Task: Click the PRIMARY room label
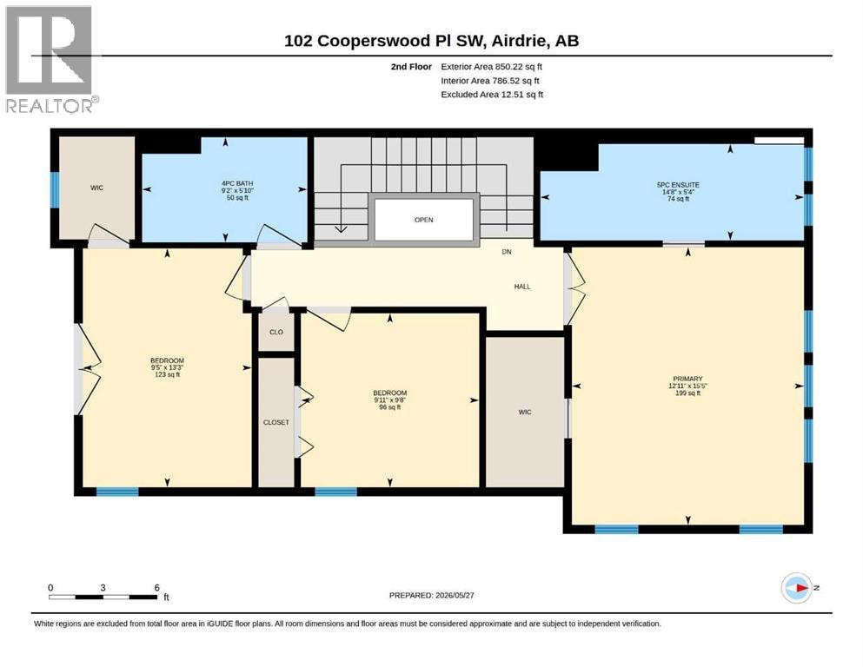point(687,379)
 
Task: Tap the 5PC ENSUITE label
point(678,185)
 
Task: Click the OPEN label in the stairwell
point(424,220)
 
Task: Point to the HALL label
point(522,287)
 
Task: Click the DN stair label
point(507,252)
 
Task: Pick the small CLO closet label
point(276,332)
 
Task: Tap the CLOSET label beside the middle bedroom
point(275,422)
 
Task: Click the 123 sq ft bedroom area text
point(168,374)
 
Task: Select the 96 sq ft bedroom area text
point(389,407)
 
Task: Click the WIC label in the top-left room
point(96,188)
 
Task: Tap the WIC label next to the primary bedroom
point(525,413)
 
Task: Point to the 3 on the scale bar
point(103,587)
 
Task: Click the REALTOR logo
point(51,59)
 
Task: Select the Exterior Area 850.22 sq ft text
point(492,67)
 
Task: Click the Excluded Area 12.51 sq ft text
point(492,95)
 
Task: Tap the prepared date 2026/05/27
point(455,595)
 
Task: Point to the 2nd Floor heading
point(411,67)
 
